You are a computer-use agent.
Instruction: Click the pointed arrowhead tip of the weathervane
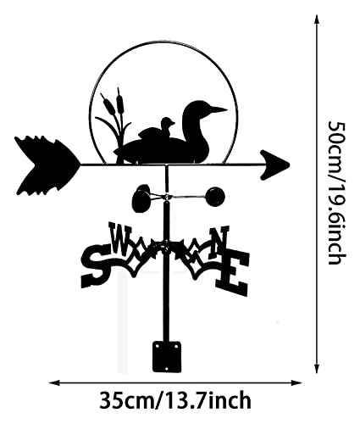pos(289,165)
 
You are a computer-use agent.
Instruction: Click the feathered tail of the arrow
pos(47,165)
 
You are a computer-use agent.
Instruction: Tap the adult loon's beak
pos(218,109)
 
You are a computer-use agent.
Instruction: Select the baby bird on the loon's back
pos(167,126)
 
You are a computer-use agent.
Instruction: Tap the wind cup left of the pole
pos(141,198)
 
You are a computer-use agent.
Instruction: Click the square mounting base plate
pos(167,357)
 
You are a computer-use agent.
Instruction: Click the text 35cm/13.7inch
pos(175,400)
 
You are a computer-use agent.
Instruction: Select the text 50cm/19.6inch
pos(336,192)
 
